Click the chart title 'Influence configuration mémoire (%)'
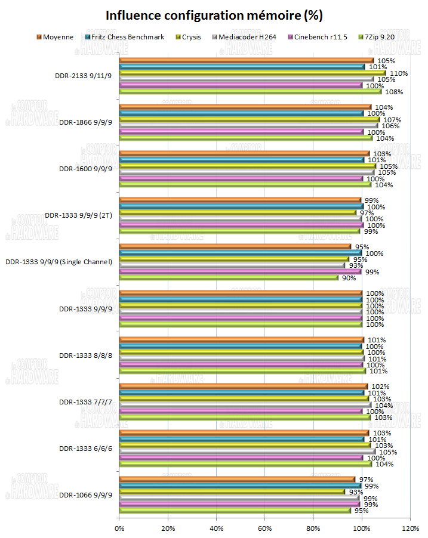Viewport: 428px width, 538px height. click(x=214, y=16)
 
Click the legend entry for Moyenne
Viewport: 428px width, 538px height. click(x=58, y=37)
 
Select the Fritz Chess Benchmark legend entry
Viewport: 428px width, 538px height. click(x=128, y=37)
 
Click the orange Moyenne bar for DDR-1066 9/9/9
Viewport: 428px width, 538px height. click(x=237, y=479)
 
